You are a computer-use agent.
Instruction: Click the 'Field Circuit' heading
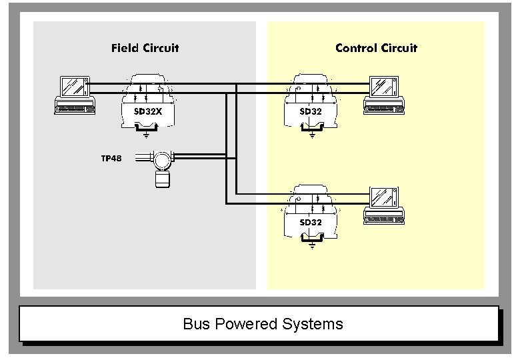click(145, 48)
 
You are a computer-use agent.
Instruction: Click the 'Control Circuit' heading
click(376, 48)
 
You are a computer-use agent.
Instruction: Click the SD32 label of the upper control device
click(311, 111)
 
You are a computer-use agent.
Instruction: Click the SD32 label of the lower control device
click(311, 222)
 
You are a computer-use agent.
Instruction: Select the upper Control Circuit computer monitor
click(383, 87)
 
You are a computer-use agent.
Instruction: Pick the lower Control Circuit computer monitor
click(383, 198)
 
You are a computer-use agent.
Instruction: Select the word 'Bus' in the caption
click(196, 325)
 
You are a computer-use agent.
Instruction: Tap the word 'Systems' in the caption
click(313, 325)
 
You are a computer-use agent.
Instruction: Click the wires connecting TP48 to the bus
click(200, 157)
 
